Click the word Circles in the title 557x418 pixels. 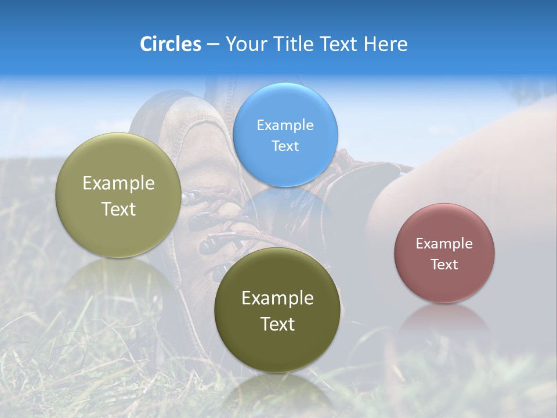(x=171, y=44)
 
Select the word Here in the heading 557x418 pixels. (x=385, y=44)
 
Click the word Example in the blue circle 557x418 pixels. (x=285, y=125)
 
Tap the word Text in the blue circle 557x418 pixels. (x=285, y=146)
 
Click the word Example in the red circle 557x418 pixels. (x=444, y=244)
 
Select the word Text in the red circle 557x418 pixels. (x=444, y=265)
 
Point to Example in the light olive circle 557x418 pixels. (x=118, y=183)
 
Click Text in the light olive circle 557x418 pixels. (x=118, y=210)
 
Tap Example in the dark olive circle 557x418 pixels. (x=277, y=298)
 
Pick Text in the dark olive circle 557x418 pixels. (x=277, y=325)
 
